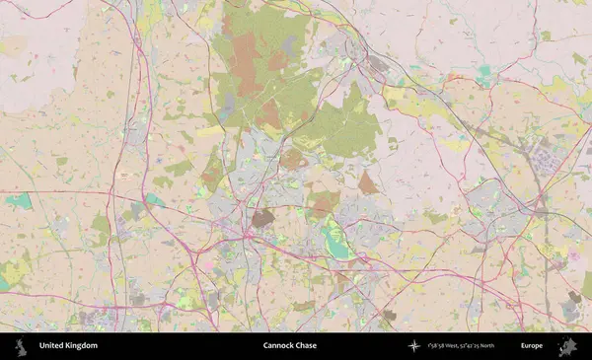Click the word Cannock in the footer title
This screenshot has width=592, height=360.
point(278,346)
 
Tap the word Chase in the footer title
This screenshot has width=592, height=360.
point(306,346)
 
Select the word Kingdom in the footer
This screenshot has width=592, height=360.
point(81,346)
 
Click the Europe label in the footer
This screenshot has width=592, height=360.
point(532,346)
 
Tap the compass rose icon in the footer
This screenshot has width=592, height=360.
point(414,346)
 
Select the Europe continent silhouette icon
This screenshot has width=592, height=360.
point(567,346)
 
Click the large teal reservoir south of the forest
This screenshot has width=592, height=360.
point(338,245)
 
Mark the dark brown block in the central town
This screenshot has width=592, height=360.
point(261,218)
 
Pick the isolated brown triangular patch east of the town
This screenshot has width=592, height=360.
point(368,183)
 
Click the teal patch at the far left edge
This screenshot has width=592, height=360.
point(19,201)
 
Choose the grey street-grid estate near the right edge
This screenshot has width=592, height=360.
point(549,158)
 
